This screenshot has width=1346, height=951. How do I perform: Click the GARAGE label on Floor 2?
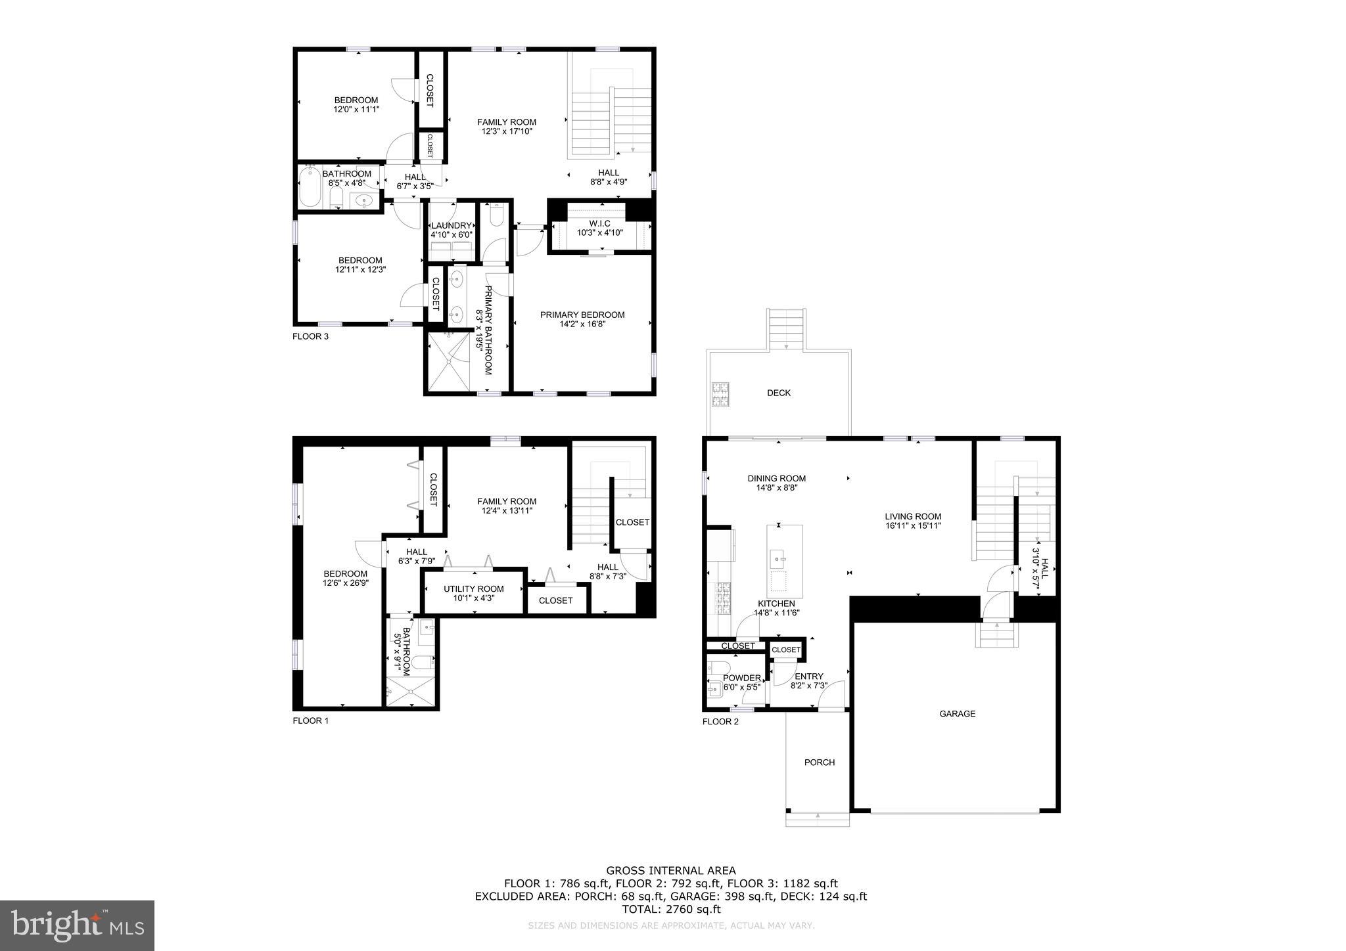click(957, 713)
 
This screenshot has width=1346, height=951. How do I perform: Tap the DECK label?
click(779, 393)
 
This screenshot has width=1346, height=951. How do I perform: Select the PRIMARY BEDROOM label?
click(582, 315)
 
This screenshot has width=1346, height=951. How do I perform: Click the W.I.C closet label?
click(599, 224)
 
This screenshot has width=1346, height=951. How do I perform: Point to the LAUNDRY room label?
click(452, 225)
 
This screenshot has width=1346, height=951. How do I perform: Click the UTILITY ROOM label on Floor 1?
click(473, 588)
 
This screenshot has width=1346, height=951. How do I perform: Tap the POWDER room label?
click(742, 678)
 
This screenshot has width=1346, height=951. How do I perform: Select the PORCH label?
click(820, 763)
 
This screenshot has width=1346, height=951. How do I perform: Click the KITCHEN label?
click(776, 604)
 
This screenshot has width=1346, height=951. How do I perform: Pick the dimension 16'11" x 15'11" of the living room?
click(913, 525)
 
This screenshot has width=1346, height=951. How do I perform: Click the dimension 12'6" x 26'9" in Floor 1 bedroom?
click(345, 583)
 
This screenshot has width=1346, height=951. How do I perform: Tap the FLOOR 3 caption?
click(310, 336)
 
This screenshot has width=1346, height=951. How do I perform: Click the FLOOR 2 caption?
click(720, 721)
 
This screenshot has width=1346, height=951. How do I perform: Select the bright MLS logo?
click(78, 925)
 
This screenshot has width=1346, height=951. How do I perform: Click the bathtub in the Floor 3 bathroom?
click(309, 187)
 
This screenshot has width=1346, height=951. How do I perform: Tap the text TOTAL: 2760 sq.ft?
click(671, 909)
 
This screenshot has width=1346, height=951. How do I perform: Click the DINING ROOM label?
click(776, 478)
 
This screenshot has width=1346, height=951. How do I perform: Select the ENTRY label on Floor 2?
click(808, 676)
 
